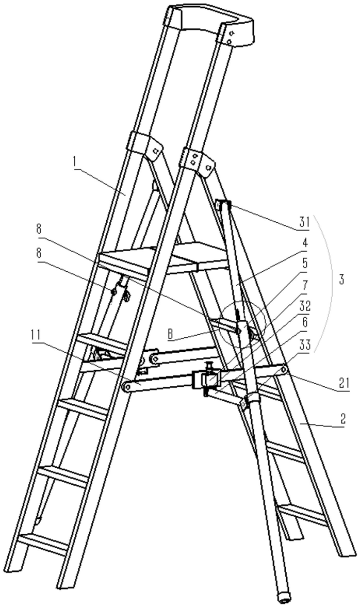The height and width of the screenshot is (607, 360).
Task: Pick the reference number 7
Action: (x=304, y=282)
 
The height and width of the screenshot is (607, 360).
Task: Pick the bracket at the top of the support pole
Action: (x=222, y=205)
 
